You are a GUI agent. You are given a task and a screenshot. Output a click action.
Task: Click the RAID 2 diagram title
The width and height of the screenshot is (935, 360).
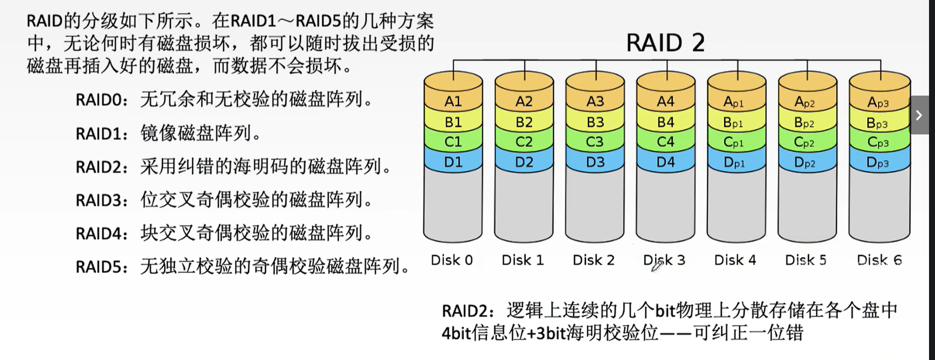pos(665,42)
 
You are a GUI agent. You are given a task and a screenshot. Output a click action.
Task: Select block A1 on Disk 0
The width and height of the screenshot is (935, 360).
pos(453,102)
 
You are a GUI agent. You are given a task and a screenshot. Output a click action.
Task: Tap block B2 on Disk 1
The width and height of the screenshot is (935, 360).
pos(524,122)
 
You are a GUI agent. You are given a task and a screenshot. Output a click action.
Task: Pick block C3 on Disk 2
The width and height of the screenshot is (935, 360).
pos(595,142)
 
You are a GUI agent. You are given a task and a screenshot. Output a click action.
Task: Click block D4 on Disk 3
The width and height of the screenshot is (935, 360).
pos(666,162)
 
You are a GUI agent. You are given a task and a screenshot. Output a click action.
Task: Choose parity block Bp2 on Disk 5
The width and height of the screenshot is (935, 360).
pos(804,122)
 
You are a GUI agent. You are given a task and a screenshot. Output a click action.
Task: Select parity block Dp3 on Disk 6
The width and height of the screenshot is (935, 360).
pos(877,162)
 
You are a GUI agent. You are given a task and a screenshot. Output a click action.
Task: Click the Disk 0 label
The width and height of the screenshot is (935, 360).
pos(451,260)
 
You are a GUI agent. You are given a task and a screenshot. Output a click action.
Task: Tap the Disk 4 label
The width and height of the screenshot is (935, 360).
pos(735,260)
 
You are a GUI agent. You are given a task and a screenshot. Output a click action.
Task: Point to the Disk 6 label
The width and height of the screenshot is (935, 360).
pos(879,260)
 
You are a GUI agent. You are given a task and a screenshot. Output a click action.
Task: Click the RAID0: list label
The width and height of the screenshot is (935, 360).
pos(102,100)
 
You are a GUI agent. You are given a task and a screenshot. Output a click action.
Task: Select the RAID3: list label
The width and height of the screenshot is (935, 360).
pos(102,200)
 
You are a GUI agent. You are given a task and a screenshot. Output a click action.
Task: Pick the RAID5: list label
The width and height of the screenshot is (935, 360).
pos(102,267)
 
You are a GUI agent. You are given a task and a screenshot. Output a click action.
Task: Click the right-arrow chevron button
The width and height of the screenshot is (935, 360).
pos(919,115)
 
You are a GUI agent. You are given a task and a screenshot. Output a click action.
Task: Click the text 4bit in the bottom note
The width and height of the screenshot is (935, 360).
pos(456,333)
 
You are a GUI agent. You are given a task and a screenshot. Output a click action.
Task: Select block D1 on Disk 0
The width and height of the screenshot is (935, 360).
pos(453,162)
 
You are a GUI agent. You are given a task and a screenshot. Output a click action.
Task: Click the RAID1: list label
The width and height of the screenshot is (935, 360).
pos(102,133)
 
